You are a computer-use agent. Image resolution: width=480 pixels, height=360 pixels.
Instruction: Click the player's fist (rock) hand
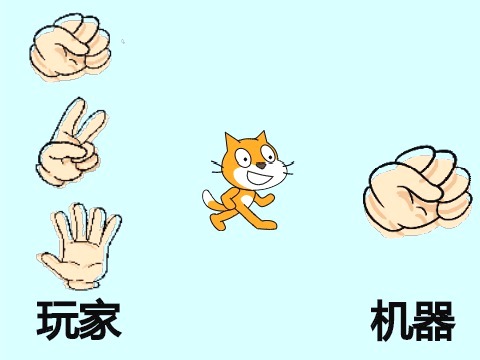pos(70,47)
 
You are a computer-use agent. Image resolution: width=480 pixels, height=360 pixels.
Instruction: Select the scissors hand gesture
pos(71,142)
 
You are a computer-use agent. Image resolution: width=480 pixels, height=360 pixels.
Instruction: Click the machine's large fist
pos(417,192)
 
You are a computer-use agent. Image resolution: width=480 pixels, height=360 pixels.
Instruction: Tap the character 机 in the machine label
pos(391,321)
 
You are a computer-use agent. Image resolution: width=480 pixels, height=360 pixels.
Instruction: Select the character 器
pos(434,321)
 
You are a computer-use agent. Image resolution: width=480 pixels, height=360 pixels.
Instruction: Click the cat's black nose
pos(262,165)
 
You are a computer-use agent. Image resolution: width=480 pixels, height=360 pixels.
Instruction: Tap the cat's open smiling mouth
pos(262,177)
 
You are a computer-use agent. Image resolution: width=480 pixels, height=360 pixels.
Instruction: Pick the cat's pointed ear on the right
pos(261,138)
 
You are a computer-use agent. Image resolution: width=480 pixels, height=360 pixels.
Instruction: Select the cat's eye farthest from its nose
pos(243,158)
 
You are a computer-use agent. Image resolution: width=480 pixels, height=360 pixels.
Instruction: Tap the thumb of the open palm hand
pos(51,261)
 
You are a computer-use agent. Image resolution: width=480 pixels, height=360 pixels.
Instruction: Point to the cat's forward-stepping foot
pos(267,225)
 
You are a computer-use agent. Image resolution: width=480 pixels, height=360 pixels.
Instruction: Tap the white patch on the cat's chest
pos(246,200)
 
